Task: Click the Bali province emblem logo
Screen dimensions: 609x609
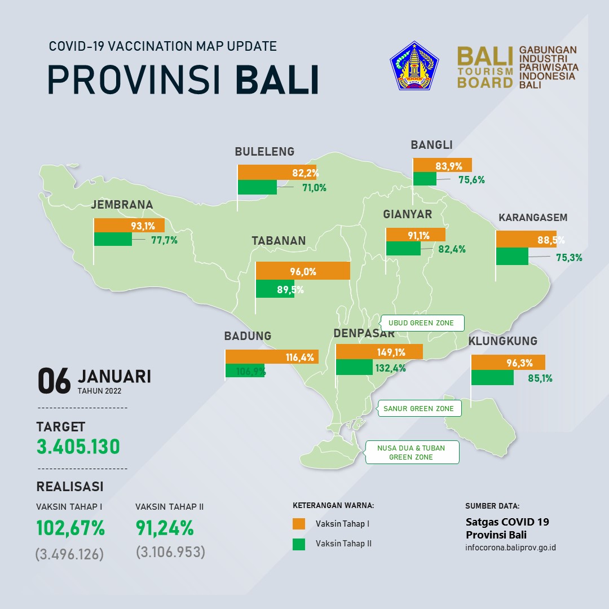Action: point(414,65)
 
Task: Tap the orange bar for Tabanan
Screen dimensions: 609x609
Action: point(303,271)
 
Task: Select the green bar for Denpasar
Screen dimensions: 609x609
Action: point(354,367)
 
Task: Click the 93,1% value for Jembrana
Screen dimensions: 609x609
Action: point(143,226)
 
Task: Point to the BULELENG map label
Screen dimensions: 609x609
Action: point(264,152)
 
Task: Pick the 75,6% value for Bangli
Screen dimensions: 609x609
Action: point(471,180)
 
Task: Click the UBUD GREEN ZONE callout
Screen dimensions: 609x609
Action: point(421,323)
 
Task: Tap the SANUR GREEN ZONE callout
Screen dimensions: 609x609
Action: point(418,408)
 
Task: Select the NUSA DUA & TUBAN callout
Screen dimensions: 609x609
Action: point(411,452)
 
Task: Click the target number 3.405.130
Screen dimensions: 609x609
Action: point(78,447)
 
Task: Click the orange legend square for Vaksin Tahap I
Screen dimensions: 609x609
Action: point(299,523)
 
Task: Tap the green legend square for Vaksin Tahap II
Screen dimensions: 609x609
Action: point(299,544)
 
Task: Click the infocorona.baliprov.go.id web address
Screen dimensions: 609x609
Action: point(510,548)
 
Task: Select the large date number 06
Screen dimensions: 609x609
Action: point(54,381)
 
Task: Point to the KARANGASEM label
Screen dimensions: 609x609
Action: point(533,218)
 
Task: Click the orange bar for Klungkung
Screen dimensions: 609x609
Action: point(508,363)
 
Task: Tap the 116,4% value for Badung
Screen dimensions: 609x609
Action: point(300,358)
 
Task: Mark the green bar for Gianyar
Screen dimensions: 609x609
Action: point(403,248)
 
